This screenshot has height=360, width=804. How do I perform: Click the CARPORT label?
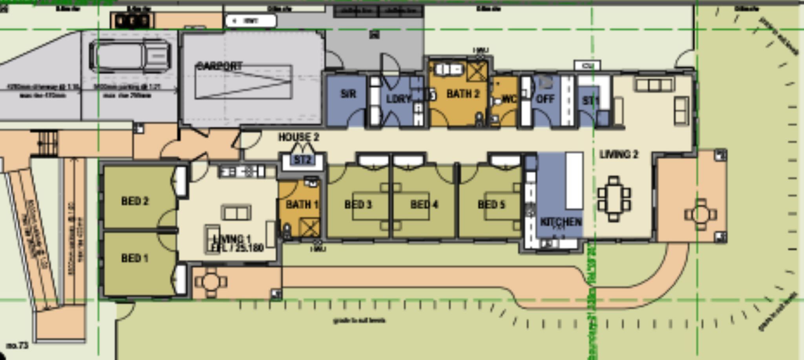tap(219, 66)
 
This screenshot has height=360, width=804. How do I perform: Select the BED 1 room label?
tap(135, 258)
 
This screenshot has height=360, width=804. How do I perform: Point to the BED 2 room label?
tap(135, 201)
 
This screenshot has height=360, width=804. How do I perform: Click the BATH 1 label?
tap(301, 205)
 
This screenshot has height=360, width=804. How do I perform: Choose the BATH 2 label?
tap(463, 94)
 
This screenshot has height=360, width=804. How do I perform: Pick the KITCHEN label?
tap(561, 222)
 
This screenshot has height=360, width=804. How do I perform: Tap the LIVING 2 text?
tap(619, 154)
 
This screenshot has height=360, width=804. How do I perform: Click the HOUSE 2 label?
tap(299, 137)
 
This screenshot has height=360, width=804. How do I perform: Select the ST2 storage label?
tap(302, 160)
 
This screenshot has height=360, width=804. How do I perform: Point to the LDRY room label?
tap(398, 99)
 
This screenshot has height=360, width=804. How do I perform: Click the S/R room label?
tap(348, 94)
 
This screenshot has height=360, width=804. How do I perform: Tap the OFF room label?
tap(545, 99)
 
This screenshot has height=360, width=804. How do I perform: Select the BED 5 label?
tap(491, 205)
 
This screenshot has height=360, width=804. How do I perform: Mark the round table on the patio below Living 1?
tap(211, 281)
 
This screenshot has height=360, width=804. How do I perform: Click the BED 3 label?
tap(358, 205)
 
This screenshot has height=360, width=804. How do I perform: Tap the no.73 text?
tap(18, 345)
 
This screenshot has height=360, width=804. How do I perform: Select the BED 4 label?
tap(424, 205)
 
